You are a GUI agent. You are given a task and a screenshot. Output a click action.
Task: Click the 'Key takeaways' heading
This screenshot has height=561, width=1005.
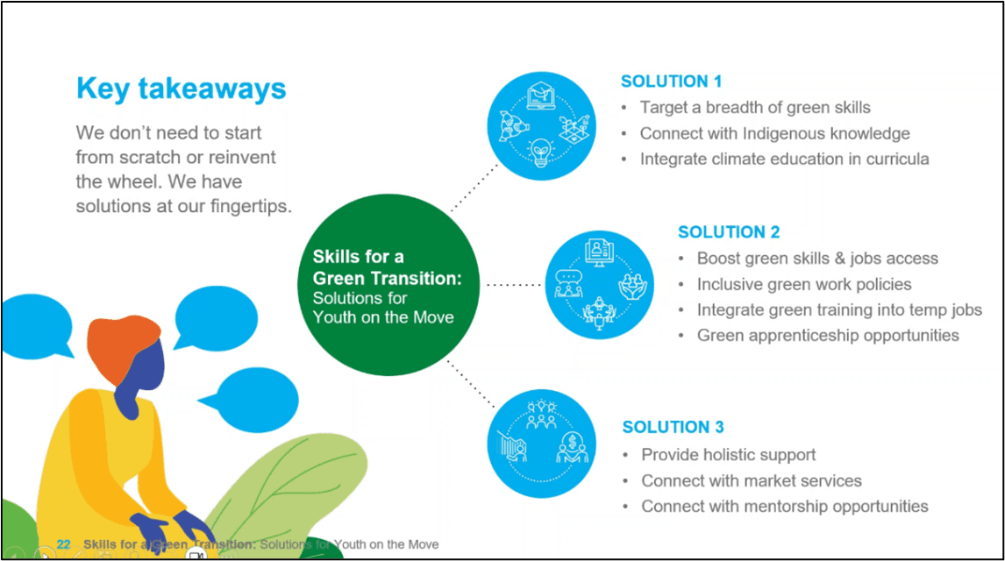181,89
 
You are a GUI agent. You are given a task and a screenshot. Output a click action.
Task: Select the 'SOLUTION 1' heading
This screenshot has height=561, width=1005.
671,82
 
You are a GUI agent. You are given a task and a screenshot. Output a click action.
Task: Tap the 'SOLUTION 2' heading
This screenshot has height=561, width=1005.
728,232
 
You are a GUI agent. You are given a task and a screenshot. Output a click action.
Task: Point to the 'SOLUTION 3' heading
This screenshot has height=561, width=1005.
673,427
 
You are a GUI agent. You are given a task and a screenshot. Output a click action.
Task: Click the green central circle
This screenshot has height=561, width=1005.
396,285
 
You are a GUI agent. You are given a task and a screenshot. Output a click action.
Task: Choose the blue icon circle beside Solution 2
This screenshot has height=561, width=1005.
600,285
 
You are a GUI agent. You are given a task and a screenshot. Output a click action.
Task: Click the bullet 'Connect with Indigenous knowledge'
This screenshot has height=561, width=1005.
774,133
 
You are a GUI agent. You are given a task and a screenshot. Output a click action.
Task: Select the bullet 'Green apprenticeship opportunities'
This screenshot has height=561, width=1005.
827,336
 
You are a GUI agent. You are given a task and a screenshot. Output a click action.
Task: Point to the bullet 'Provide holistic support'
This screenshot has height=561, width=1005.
728,455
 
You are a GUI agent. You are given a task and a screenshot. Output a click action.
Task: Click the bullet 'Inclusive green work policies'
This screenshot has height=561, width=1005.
803,285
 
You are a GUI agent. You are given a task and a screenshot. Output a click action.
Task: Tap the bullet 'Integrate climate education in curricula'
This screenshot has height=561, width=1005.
784,159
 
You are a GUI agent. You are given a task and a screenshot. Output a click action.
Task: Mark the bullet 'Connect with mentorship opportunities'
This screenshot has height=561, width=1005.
784,507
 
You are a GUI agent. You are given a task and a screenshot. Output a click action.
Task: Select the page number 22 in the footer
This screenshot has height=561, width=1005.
63,544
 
